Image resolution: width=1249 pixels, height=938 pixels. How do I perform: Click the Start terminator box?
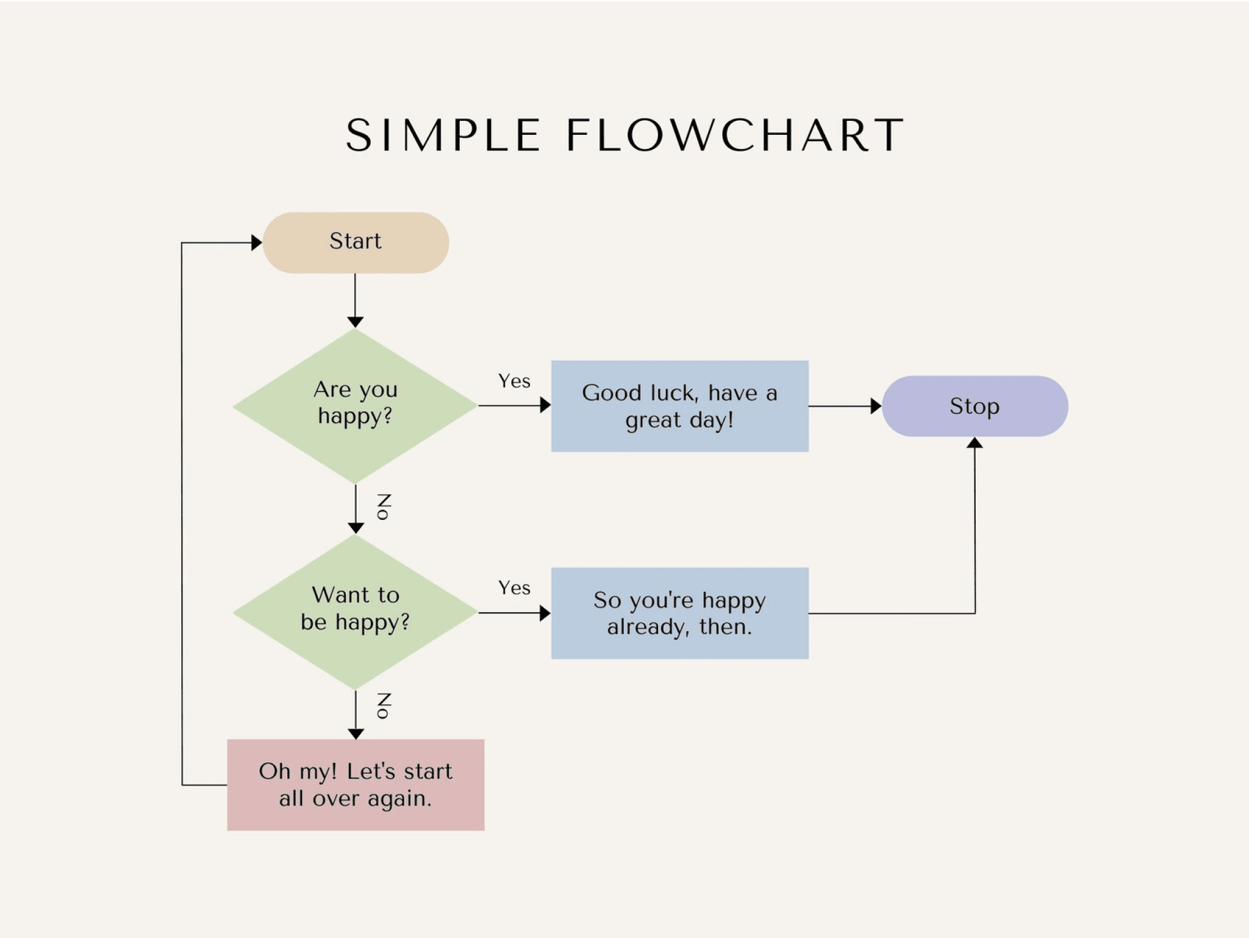356,242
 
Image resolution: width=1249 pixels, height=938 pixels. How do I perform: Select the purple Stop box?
975,406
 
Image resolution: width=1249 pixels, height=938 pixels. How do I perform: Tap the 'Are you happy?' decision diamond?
356,405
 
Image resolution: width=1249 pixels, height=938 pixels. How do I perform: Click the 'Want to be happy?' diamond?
356,612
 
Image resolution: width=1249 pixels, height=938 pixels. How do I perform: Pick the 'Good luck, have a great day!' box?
679,406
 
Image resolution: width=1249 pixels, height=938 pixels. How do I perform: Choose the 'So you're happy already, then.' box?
679,613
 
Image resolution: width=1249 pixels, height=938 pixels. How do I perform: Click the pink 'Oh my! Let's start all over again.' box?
356,785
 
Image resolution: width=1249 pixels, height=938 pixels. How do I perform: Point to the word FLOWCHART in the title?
735,135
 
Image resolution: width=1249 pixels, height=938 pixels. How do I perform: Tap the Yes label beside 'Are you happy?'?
514,381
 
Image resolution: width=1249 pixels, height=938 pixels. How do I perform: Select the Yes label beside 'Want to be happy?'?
514,588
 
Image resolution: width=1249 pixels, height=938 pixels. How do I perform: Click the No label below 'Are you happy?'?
384,507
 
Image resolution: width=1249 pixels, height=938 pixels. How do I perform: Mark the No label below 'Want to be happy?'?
384,705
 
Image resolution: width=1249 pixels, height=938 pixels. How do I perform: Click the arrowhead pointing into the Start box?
257,242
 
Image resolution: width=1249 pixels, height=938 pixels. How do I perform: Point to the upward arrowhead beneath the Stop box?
975,443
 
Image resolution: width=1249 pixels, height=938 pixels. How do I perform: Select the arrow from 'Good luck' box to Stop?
845,406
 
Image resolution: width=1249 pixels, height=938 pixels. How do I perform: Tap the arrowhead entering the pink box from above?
356,734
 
